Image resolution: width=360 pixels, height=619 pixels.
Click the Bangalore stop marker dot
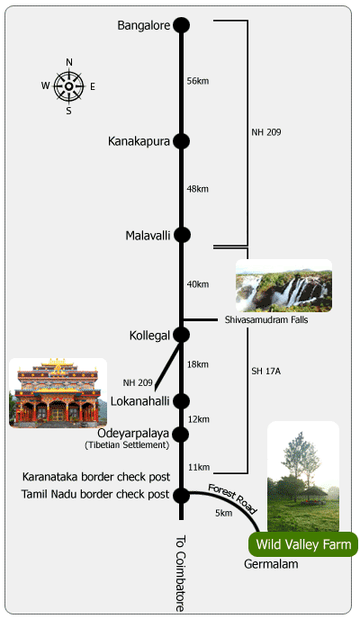pyautogui.click(x=182, y=25)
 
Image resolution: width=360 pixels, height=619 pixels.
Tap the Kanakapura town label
pyautogui.click(x=139, y=141)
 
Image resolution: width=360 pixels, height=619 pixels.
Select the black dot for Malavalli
pyautogui.click(x=182, y=235)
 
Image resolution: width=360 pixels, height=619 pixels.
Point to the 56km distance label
pyautogui.click(x=198, y=81)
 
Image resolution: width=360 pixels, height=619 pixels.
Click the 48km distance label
pyautogui.click(x=198, y=189)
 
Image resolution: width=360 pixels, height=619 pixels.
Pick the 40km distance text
pyautogui.click(x=198, y=284)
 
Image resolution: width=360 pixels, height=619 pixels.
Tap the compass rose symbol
pyautogui.click(x=69, y=86)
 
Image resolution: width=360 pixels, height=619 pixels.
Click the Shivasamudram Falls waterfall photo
pyautogui.click(x=283, y=285)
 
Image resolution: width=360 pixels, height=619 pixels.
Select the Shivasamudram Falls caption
pyautogui.click(x=266, y=319)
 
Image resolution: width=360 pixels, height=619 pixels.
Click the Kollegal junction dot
pyautogui.click(x=182, y=335)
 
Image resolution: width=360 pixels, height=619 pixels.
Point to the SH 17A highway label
pyautogui.click(x=266, y=371)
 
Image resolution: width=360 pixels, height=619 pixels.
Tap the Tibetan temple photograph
pyautogui.click(x=58, y=393)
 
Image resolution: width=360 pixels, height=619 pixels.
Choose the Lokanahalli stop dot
pyautogui.click(x=182, y=401)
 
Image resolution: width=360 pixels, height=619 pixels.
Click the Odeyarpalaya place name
pyautogui.click(x=133, y=433)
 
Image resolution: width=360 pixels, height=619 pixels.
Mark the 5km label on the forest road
pyautogui.click(x=224, y=513)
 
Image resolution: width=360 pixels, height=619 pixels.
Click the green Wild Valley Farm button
pyautogui.click(x=303, y=544)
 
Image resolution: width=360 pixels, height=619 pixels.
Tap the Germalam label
pyautogui.click(x=271, y=564)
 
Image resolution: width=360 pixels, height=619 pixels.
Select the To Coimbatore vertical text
pyautogui.click(x=180, y=573)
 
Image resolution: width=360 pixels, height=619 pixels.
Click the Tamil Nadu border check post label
pyautogui.click(x=95, y=494)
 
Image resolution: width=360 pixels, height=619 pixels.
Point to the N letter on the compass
pyautogui.click(x=69, y=62)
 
